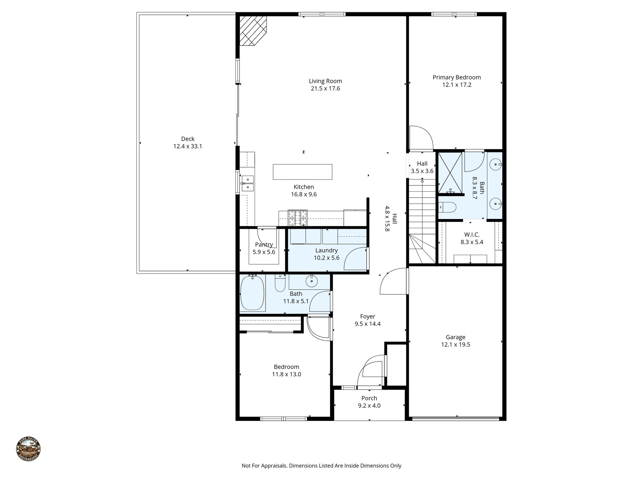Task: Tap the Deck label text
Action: pos(188,139)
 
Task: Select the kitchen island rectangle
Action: pos(302,172)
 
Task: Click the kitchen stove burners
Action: pos(298,218)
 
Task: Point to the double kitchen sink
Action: pos(248,183)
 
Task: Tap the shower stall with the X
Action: pos(450,173)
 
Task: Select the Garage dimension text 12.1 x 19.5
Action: pos(455,345)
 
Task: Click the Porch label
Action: pos(369,398)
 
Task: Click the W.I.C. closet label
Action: pos(472,235)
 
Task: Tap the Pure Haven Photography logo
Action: pos(28,449)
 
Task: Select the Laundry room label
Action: pos(327,250)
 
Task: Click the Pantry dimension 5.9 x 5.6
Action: pos(264,252)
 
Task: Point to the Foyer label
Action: pos(368,317)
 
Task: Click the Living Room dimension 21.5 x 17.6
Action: pos(325,88)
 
